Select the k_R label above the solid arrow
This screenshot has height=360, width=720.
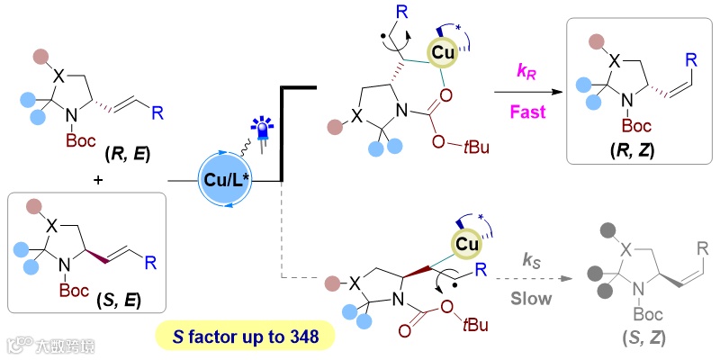click(524, 69)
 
